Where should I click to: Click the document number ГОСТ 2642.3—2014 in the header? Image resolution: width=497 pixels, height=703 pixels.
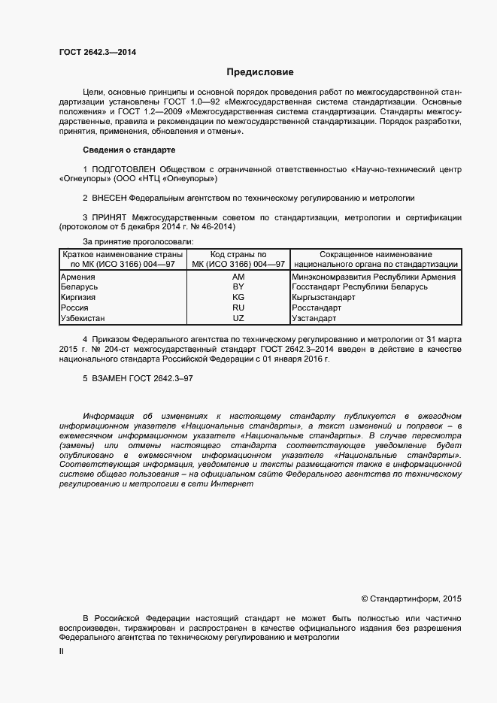(x=98, y=53)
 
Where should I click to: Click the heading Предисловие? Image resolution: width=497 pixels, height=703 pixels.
(x=260, y=72)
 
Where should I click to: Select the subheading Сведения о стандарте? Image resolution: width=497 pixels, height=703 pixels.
(x=128, y=150)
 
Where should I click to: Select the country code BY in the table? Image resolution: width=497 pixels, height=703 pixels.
(x=238, y=287)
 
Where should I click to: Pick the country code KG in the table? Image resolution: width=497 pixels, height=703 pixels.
(x=238, y=298)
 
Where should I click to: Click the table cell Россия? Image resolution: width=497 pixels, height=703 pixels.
(x=74, y=308)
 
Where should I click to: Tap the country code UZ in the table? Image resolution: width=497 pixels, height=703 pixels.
(x=238, y=318)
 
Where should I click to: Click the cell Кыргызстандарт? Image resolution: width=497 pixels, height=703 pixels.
(x=323, y=298)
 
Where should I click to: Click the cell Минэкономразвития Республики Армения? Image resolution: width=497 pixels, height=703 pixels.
(x=373, y=277)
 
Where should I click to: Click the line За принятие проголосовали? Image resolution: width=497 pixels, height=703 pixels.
(x=138, y=241)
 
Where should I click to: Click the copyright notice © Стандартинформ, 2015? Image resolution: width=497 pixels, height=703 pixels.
(x=411, y=598)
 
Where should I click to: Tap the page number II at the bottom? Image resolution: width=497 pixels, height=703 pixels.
(x=62, y=652)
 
